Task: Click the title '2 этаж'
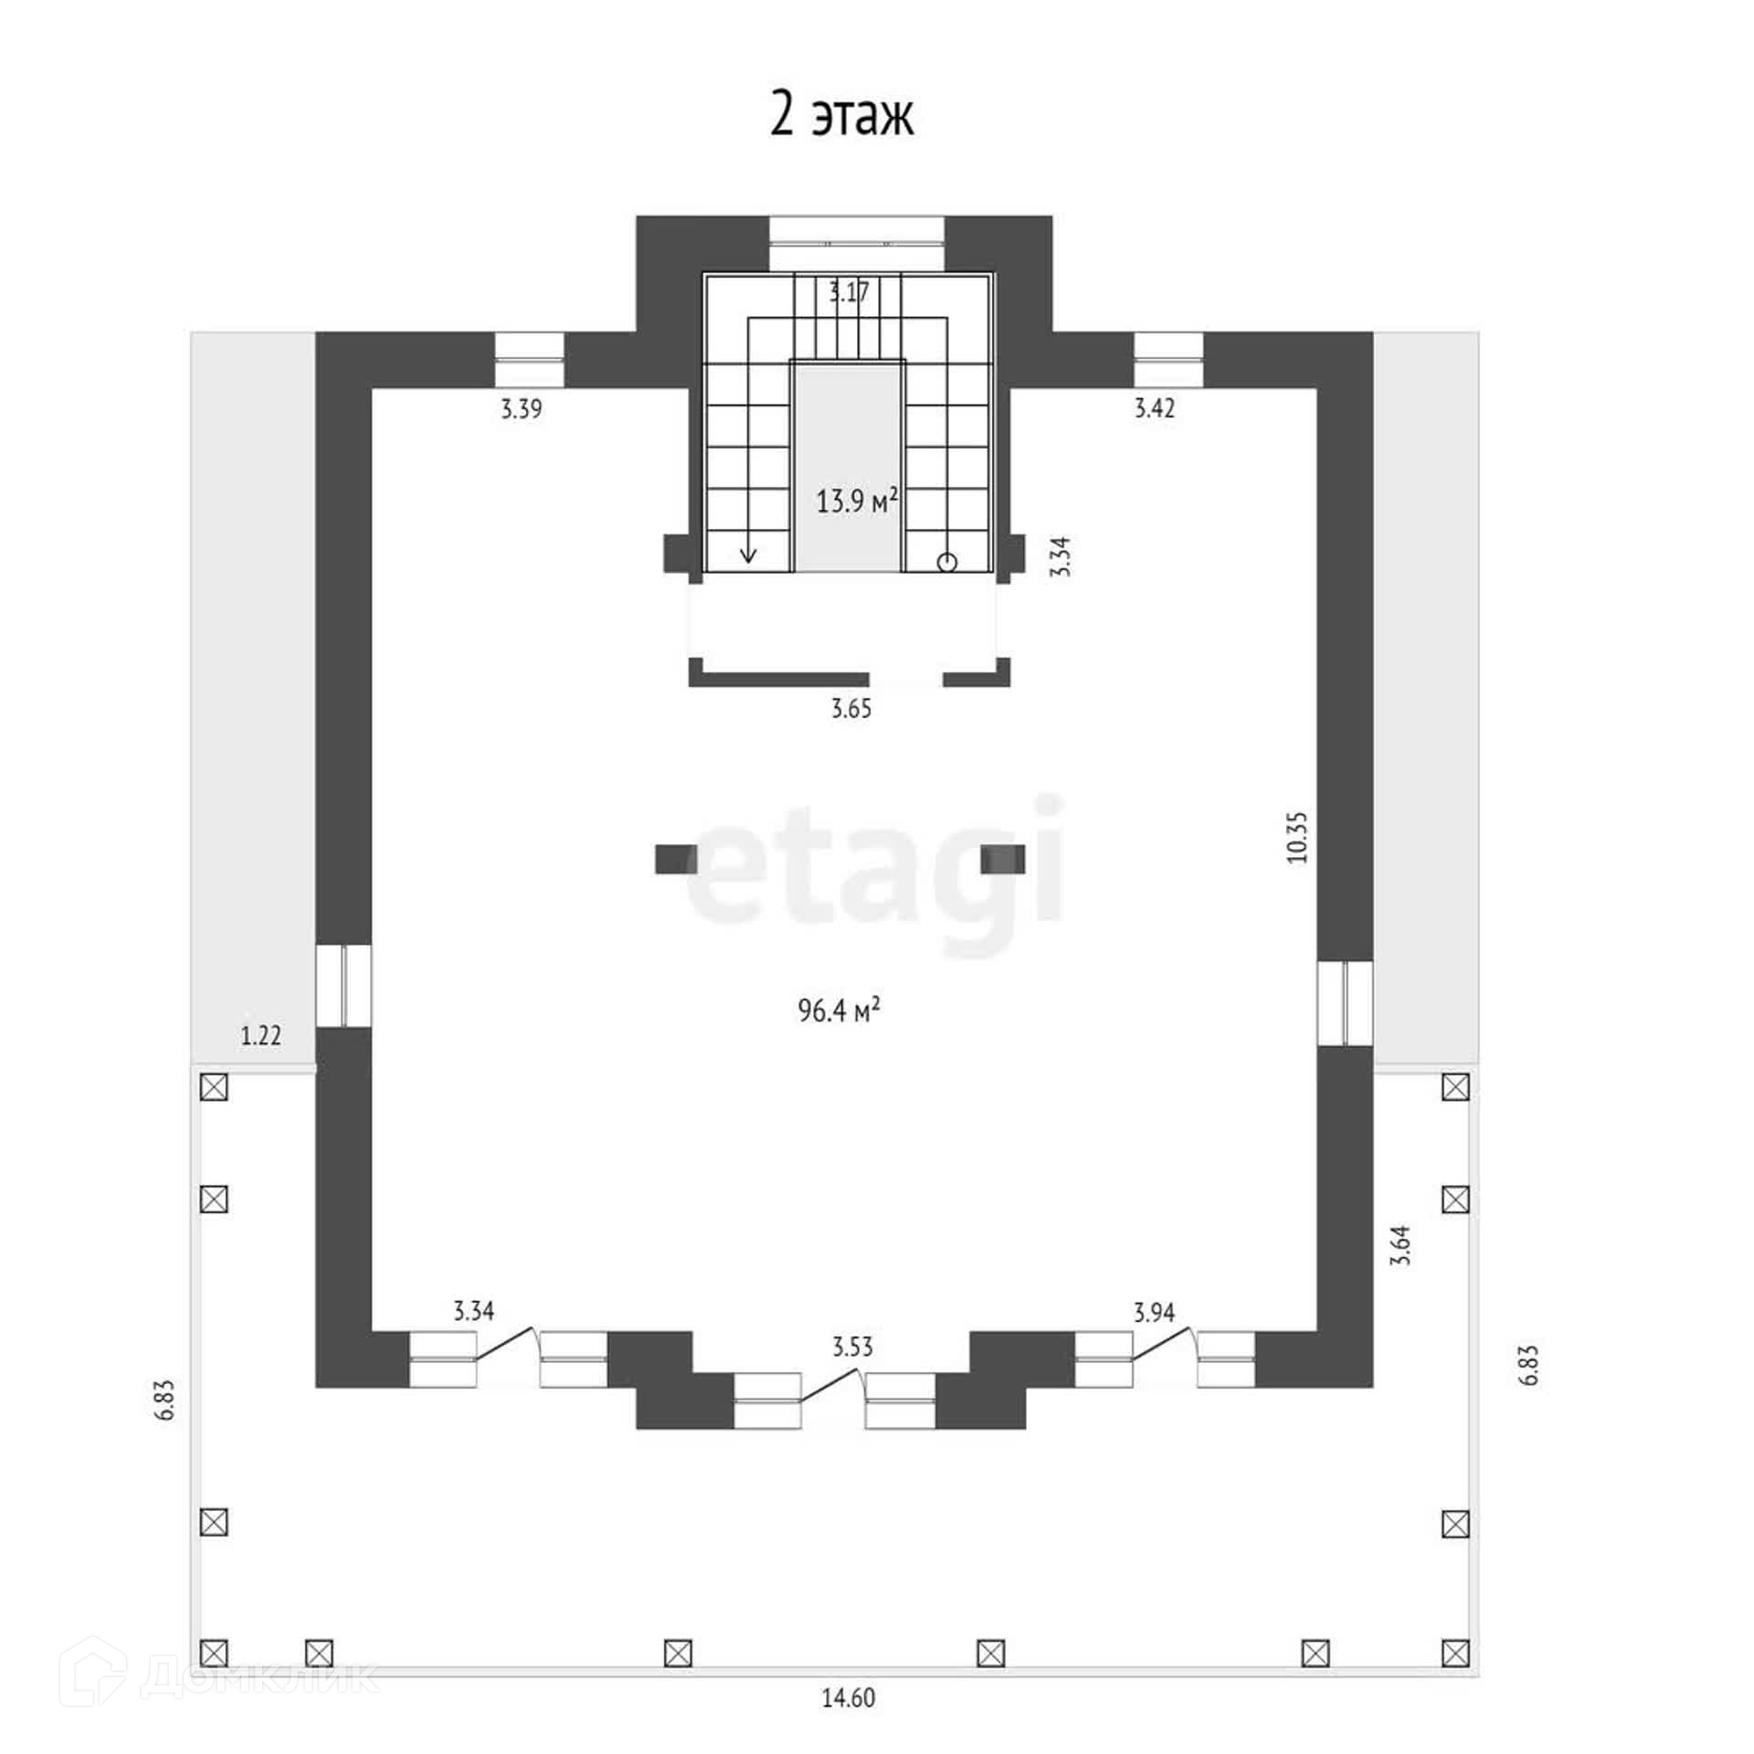tap(841, 116)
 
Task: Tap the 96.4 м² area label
tap(839, 1010)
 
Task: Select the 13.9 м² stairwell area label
tap(857, 501)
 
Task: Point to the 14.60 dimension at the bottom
tap(849, 1697)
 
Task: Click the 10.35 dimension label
tap(1297, 838)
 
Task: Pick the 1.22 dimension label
tap(260, 1035)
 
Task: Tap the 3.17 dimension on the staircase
tap(849, 292)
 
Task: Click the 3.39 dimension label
tap(521, 408)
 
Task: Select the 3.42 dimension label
tap(1154, 408)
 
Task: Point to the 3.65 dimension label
tap(851, 708)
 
